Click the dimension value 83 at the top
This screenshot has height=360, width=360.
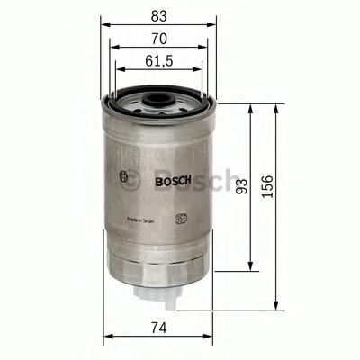point(158,15)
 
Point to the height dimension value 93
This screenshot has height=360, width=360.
point(240,186)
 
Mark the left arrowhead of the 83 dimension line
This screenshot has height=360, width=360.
point(104,26)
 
